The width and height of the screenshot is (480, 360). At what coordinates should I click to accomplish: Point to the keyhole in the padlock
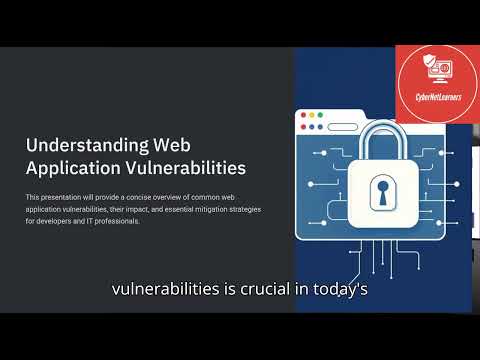[384, 190]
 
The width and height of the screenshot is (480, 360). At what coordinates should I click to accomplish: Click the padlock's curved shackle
[384, 135]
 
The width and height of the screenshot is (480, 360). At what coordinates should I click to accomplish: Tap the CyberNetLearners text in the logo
[437, 98]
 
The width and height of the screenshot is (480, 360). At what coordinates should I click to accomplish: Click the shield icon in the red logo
[423, 69]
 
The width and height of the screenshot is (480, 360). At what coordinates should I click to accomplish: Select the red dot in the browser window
[302, 116]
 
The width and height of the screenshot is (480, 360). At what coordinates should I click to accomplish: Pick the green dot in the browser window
[322, 116]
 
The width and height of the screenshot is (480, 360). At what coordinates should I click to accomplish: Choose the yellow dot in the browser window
[312, 116]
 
